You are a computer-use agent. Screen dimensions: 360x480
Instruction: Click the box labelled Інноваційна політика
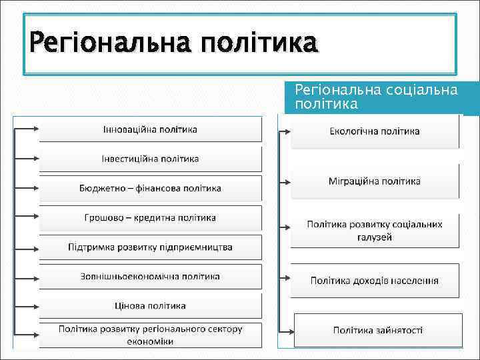point(150,129)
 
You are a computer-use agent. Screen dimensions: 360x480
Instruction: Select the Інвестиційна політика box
point(150,159)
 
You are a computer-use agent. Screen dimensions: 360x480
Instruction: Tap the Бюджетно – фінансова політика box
point(150,188)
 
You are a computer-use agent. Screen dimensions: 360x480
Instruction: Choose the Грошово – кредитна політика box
point(150,217)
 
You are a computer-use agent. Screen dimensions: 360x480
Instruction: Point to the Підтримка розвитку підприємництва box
point(150,247)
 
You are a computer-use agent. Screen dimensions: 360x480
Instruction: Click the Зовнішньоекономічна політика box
point(150,277)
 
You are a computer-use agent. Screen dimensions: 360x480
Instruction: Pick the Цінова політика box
point(150,306)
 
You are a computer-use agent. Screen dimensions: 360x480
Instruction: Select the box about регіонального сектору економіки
point(150,335)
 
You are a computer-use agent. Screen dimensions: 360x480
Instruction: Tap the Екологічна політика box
point(375,131)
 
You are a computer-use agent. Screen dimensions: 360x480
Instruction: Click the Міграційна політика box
point(375,181)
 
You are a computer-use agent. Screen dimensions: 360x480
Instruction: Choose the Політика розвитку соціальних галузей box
point(375,231)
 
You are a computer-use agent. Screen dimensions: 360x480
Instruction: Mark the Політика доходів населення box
point(375,280)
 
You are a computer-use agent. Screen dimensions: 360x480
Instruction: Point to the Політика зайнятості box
point(378,330)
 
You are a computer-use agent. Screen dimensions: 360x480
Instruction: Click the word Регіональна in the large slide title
point(107,45)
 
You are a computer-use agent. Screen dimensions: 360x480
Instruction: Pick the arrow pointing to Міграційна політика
point(283,181)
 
